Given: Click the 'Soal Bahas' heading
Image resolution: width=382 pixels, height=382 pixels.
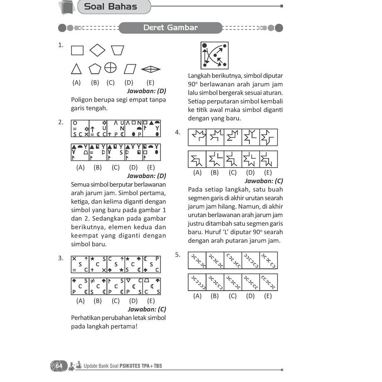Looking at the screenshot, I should click(x=110, y=7).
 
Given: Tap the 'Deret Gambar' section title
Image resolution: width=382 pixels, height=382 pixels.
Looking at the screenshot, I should click(x=170, y=28).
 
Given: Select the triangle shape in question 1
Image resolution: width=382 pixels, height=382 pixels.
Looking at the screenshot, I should click(x=76, y=69).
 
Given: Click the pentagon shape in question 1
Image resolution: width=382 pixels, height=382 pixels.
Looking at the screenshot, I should click(x=95, y=69).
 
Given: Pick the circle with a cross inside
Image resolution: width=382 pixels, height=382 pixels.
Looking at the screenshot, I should click(x=110, y=67).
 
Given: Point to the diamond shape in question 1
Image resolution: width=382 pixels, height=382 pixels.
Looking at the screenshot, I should click(x=97, y=50).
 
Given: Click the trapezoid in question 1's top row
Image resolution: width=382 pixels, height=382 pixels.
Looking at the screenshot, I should click(x=118, y=50).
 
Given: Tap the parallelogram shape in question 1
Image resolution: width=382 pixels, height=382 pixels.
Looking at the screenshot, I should click(x=130, y=69).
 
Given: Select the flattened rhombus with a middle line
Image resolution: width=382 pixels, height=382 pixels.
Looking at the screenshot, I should click(x=150, y=69).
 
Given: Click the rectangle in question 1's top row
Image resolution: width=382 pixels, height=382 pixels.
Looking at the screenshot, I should click(x=77, y=51).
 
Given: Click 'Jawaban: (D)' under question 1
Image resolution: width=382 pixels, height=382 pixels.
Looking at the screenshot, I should click(x=146, y=91).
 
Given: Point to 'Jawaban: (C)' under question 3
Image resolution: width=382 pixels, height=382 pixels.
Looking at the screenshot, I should click(x=147, y=309).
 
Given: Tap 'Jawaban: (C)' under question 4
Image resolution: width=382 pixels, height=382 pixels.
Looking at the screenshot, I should click(x=264, y=181).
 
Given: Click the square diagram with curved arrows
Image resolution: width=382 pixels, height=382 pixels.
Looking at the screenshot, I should click(x=214, y=55).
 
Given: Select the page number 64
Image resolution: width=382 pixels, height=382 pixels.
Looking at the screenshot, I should click(x=59, y=366).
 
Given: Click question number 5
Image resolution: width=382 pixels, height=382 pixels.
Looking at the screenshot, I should click(x=177, y=255).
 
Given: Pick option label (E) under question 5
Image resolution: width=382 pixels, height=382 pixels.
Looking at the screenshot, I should click(x=268, y=296).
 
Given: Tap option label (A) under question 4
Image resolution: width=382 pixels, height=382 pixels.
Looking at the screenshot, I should click(x=197, y=173).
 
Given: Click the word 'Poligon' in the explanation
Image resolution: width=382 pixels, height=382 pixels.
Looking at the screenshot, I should click(x=82, y=100).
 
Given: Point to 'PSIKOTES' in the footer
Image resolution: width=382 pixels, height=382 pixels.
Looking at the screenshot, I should click(x=131, y=366).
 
